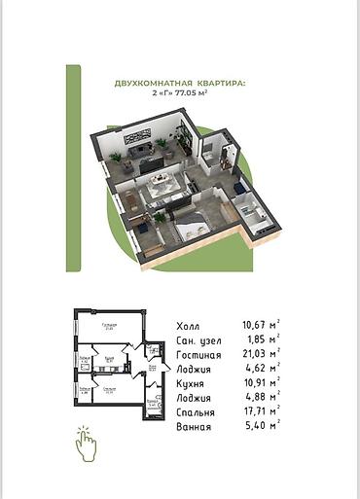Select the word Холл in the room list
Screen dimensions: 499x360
pos(191,326)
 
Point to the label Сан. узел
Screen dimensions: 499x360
pos(201,342)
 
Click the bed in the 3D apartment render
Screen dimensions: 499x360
pos(191,229)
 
